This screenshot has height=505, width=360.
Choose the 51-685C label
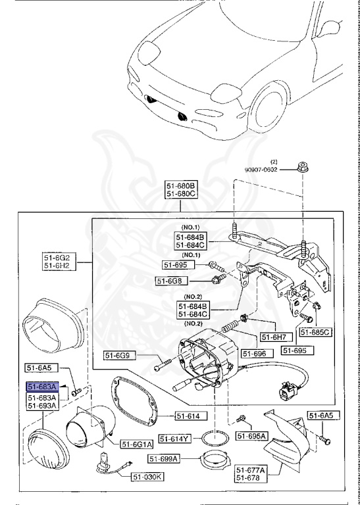click(316, 332)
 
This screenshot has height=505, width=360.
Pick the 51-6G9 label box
click(120, 356)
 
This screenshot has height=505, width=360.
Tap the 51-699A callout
click(164, 459)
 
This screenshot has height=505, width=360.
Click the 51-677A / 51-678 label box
click(251, 474)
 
